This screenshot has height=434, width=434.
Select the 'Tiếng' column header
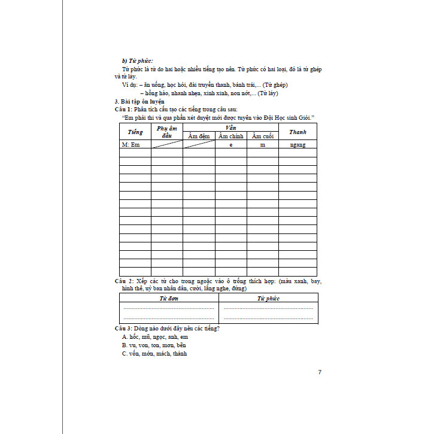[135, 132]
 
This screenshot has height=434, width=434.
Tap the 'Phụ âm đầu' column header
[166, 132]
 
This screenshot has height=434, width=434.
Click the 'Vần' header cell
[230, 128]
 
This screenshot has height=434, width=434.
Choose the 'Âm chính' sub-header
[230, 136]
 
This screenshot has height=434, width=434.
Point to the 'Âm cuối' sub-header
[262, 136]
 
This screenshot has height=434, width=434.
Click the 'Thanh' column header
[298, 132]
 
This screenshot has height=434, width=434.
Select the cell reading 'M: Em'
[130, 145]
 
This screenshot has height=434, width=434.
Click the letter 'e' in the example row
[230, 145]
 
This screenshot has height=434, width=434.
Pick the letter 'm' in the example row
[262, 145]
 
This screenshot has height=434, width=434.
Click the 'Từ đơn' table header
[168, 298]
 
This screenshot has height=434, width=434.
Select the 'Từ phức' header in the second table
[268, 298]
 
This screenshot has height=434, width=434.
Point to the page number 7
[320, 372]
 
